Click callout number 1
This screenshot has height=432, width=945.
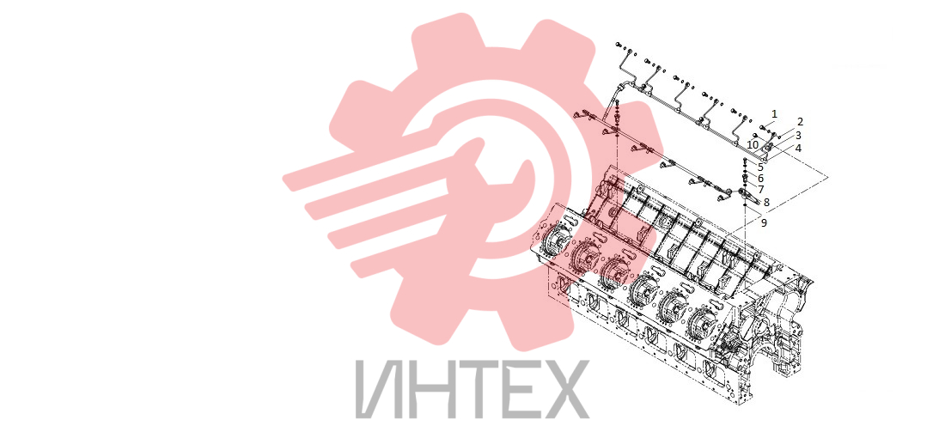pyautogui.click(x=774, y=113)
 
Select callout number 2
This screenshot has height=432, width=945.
pyautogui.click(x=801, y=122)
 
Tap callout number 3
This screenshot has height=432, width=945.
pyautogui.click(x=798, y=135)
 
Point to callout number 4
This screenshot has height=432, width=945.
pyautogui.click(x=798, y=148)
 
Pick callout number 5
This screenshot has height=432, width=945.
pyautogui.click(x=760, y=167)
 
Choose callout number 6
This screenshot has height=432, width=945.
pyautogui.click(x=760, y=179)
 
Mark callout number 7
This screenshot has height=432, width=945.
pyautogui.click(x=761, y=189)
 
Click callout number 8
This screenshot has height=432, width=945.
pyautogui.click(x=766, y=203)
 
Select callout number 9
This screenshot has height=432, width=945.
pyautogui.click(x=764, y=223)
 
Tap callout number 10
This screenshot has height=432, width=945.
pyautogui.click(x=753, y=144)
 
